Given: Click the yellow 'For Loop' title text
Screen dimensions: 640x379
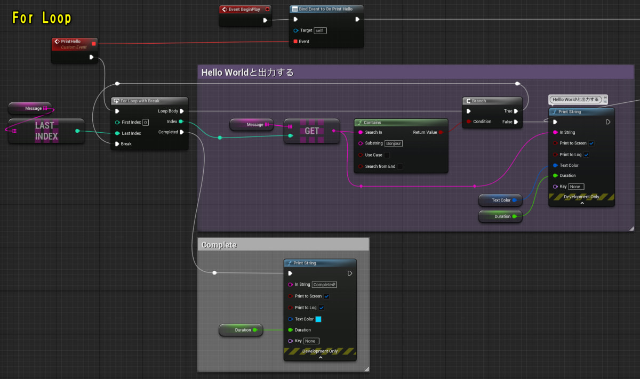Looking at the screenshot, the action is (x=42, y=18).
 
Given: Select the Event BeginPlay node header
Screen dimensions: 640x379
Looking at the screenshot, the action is (x=244, y=9).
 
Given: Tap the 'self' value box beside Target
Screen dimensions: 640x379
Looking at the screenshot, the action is (x=320, y=30).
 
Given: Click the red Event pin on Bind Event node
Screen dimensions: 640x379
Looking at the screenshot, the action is (x=295, y=41).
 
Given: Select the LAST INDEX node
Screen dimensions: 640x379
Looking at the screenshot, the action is (x=46, y=131).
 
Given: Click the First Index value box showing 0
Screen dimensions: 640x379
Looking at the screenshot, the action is (x=145, y=122).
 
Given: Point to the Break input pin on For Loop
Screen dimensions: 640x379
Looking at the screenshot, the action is (x=117, y=143).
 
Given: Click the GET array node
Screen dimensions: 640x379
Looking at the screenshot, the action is (x=312, y=131).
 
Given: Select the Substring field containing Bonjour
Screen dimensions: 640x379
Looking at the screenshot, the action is (x=394, y=143).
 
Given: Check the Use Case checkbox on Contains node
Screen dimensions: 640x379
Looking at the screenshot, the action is (x=387, y=155).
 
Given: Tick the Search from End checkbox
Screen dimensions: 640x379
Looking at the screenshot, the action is (x=400, y=166).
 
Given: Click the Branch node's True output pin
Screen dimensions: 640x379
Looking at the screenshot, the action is (x=516, y=111).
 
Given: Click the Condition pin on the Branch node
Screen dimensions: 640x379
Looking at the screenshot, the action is (x=468, y=122).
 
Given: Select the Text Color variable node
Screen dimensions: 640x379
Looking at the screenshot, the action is (x=500, y=200).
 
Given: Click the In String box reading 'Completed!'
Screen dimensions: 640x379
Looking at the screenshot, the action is (x=324, y=285).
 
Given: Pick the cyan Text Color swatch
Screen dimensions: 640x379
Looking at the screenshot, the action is (x=318, y=319).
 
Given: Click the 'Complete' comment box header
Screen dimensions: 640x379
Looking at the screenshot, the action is (x=283, y=245).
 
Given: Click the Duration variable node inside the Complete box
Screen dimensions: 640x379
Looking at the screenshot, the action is (x=241, y=330).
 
